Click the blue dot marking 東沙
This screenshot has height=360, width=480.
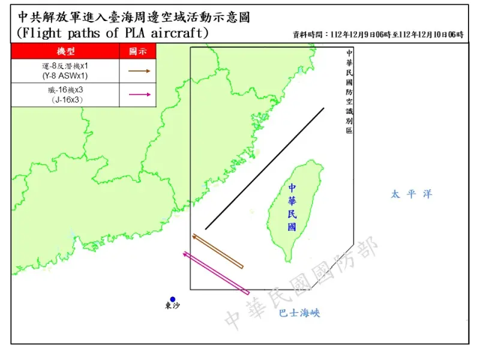coord(173,299)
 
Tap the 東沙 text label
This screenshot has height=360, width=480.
coord(172,307)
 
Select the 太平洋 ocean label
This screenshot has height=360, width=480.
coord(411,194)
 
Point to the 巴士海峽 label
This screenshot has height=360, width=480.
coord(299,313)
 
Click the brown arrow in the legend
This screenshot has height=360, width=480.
coord(138,71)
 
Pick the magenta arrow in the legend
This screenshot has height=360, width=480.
coord(138,94)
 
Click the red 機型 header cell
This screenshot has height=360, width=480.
coord(65,52)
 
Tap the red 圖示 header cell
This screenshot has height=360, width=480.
coord(138,52)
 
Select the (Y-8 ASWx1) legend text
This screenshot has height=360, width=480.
coord(65,76)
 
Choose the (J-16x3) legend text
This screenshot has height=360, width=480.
coord(65,100)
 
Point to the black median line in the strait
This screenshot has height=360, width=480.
coord(265,169)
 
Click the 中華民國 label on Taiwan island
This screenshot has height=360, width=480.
coord(292,207)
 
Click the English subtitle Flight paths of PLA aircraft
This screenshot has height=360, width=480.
coord(113,33)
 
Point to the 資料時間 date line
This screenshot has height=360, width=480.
coord(378,35)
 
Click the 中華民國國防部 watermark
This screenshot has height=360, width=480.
coord(300,285)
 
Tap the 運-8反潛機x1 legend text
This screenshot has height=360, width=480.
coord(65,66)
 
